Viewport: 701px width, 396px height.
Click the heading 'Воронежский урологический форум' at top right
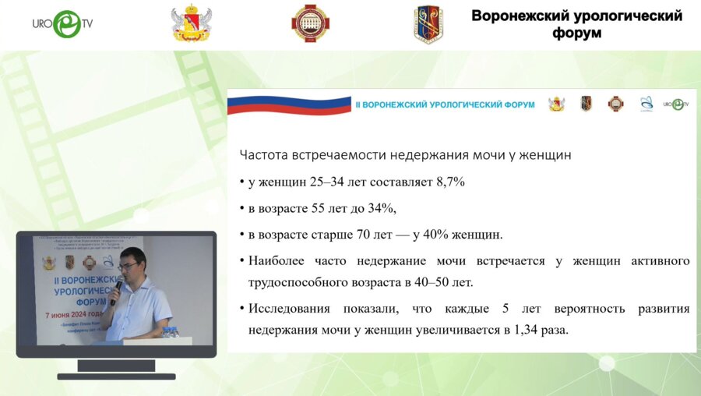pyautogui.click(x=576, y=24)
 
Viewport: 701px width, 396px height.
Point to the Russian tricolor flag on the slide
pyautogui.click(x=288, y=104)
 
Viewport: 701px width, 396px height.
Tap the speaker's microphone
pyautogui.click(x=116, y=290)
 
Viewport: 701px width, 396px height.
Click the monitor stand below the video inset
pyautogui.click(x=116, y=368)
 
